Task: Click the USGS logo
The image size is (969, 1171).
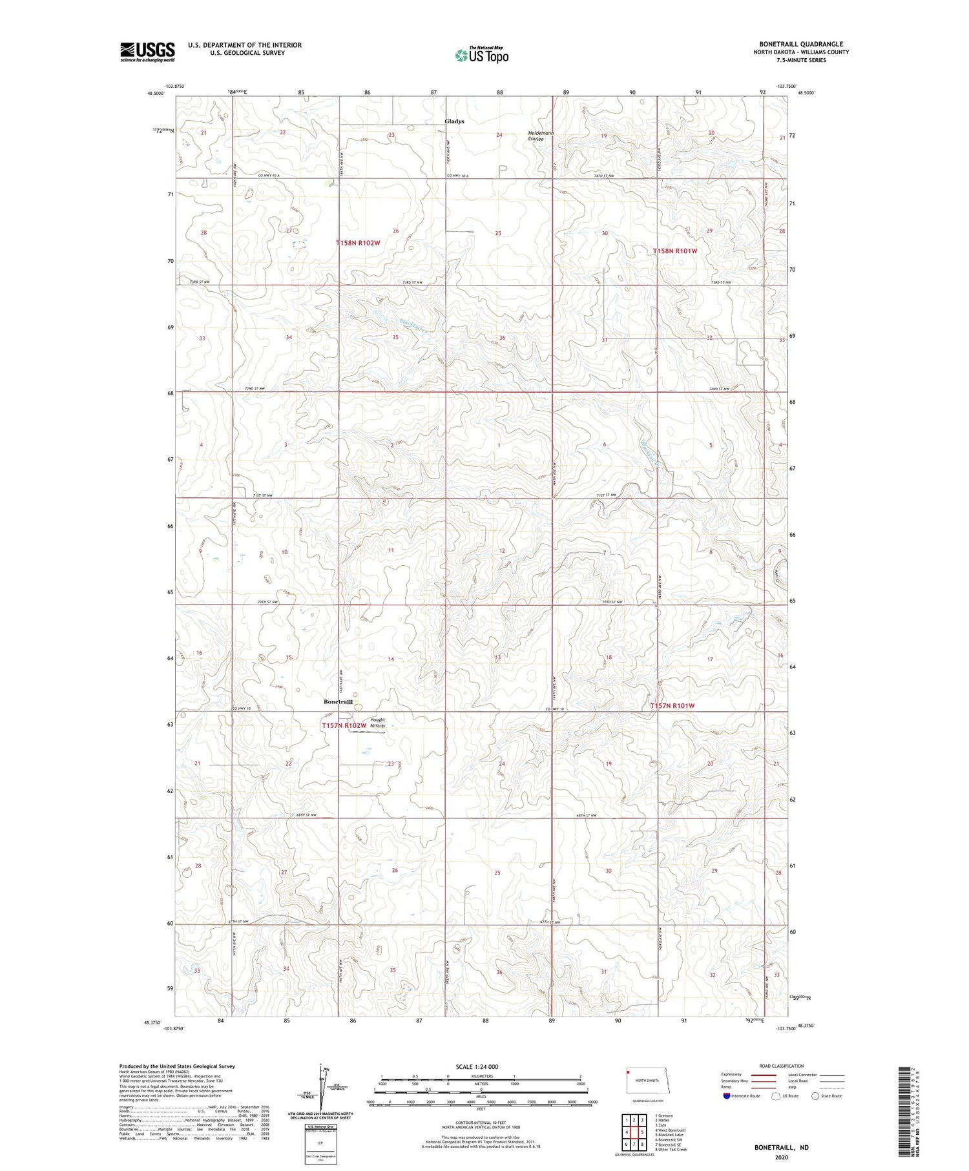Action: click(x=147, y=52)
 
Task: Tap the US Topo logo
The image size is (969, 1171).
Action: click(x=481, y=56)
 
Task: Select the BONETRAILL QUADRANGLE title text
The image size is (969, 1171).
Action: click(x=800, y=44)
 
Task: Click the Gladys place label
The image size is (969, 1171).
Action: click(x=454, y=121)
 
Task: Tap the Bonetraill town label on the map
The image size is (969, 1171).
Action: click(x=338, y=701)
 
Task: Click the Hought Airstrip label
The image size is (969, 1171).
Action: click(x=377, y=723)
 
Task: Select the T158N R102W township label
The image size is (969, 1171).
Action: click(x=358, y=243)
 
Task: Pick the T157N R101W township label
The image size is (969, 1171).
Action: click(x=672, y=706)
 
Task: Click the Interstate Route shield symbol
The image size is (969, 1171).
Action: click(x=727, y=1095)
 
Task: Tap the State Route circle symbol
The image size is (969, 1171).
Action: click(x=815, y=1095)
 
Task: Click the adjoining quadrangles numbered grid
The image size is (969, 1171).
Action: click(x=634, y=1132)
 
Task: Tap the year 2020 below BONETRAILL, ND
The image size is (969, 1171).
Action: click(x=781, y=1157)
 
